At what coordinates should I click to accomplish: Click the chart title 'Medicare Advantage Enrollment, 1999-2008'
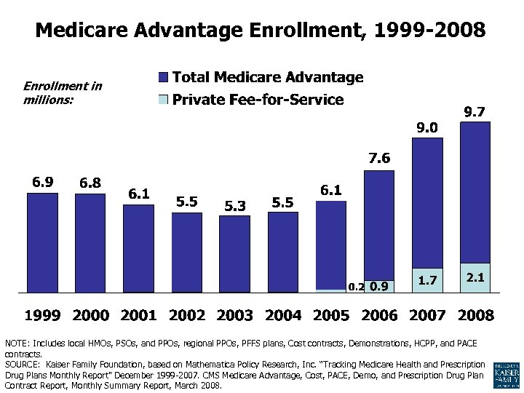261,31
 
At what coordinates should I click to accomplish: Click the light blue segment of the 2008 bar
475,278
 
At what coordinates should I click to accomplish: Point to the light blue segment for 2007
427,280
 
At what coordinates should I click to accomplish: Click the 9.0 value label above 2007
427,127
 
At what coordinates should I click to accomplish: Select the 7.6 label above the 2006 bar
378,158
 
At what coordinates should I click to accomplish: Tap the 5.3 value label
235,206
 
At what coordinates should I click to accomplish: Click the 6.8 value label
90,182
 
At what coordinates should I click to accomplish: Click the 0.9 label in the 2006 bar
378,287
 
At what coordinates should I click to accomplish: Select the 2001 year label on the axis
139,315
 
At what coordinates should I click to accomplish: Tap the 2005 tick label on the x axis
330,315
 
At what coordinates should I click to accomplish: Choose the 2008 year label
475,315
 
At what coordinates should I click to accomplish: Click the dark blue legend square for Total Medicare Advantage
163,77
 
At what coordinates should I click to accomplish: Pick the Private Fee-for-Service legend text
258,100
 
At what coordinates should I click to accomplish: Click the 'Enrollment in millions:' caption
63,92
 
